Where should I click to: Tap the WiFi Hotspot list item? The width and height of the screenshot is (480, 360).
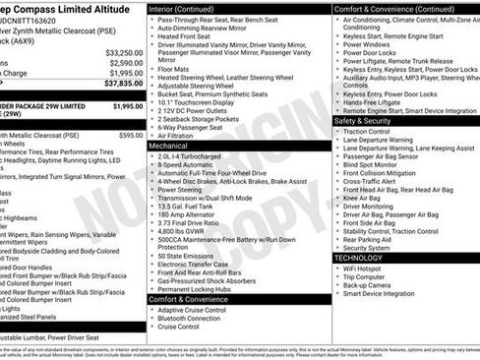tap(363, 268)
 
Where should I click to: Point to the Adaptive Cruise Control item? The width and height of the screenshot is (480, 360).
tap(200, 311)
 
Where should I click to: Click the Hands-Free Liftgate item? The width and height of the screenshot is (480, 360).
tap(374, 102)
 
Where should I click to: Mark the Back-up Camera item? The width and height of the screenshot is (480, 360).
tap(369, 284)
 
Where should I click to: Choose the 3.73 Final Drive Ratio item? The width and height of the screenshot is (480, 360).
tap(200, 223)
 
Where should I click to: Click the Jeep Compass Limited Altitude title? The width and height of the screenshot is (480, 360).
tap(64, 7)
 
